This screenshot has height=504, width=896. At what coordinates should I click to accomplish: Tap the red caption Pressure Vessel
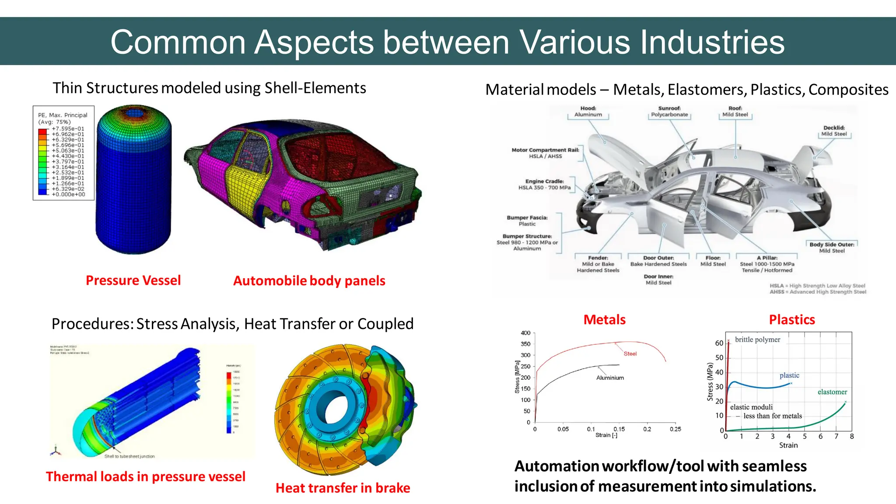coord(133,280)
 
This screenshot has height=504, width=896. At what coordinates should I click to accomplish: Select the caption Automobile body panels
coord(309,281)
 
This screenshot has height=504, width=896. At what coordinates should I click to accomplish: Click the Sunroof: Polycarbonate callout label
coord(669,112)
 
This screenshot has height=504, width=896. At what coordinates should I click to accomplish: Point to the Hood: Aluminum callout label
coord(588,112)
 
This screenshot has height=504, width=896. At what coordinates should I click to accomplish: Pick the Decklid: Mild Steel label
coord(834,131)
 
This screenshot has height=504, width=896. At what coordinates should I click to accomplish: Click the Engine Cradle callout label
coord(545,184)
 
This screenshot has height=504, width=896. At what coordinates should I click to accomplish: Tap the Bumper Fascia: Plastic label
coord(527,220)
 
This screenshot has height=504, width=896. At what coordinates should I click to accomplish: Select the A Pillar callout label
coord(767,264)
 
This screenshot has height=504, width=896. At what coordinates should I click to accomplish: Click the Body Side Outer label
coord(832,248)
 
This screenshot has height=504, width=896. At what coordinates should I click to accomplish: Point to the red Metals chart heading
coord(604,320)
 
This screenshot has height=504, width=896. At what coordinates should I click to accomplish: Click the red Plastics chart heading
coord(792,320)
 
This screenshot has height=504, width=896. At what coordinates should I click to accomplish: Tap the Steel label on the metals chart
coord(630,353)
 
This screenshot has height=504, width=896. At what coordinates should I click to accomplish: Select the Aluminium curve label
coord(610,378)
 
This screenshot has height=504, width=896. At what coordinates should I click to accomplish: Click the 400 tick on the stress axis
coord(525,333)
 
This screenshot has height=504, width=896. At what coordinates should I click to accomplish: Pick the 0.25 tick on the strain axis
coord(675,429)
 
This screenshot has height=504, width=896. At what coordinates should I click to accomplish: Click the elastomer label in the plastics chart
coord(832,392)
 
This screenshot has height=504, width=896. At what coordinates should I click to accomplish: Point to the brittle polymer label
coord(757,339)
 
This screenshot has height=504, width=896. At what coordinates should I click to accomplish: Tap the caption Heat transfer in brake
coord(343,488)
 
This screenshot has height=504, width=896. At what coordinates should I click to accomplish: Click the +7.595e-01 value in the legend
coord(68,129)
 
